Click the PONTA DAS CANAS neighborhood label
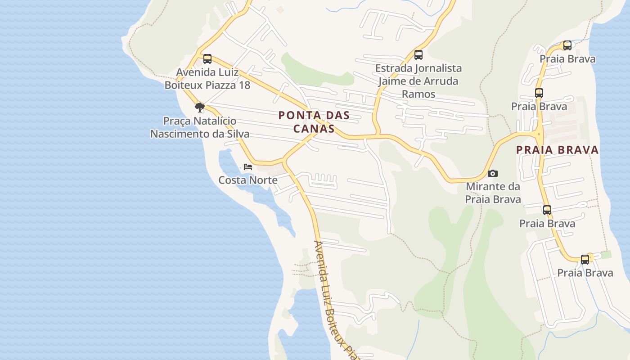(314, 122)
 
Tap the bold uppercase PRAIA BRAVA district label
(557, 150)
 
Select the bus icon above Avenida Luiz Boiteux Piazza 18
(207, 58)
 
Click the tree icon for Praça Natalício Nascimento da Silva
(199, 108)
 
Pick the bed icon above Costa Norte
(248, 166)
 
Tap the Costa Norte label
(247, 180)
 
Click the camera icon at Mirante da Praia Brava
(493, 173)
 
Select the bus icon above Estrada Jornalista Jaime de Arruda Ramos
(418, 55)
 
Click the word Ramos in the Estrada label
(418, 94)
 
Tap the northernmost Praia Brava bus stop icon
(567, 45)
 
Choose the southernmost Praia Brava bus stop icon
(585, 259)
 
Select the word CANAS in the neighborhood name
(314, 129)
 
